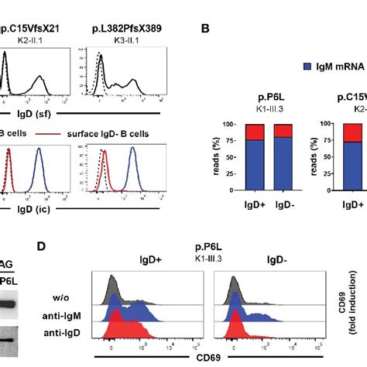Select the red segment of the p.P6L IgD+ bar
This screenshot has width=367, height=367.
click(256, 132)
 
